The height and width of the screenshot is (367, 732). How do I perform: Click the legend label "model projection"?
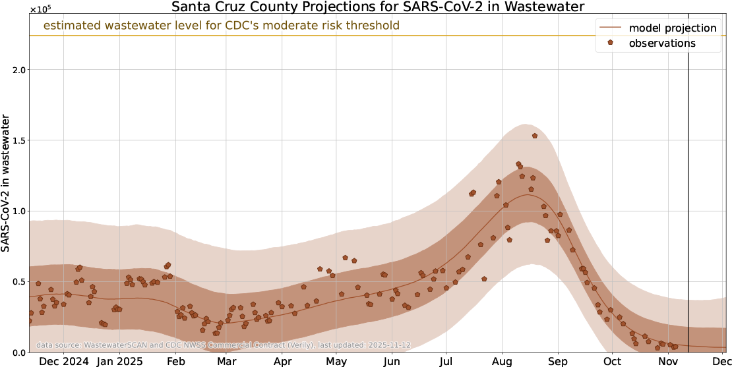click(x=673, y=28)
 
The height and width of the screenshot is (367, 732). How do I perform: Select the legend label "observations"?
click(x=662, y=43)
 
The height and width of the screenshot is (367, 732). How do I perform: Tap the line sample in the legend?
click(x=611, y=28)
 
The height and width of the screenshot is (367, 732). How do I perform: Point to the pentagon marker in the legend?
click(x=611, y=43)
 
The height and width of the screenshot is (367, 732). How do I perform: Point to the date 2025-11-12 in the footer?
click(x=389, y=345)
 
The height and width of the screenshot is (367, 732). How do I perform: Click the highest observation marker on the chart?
click(x=535, y=136)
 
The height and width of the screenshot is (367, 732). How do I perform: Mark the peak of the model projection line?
click(x=529, y=195)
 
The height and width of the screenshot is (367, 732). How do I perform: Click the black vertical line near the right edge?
click(x=688, y=198)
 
